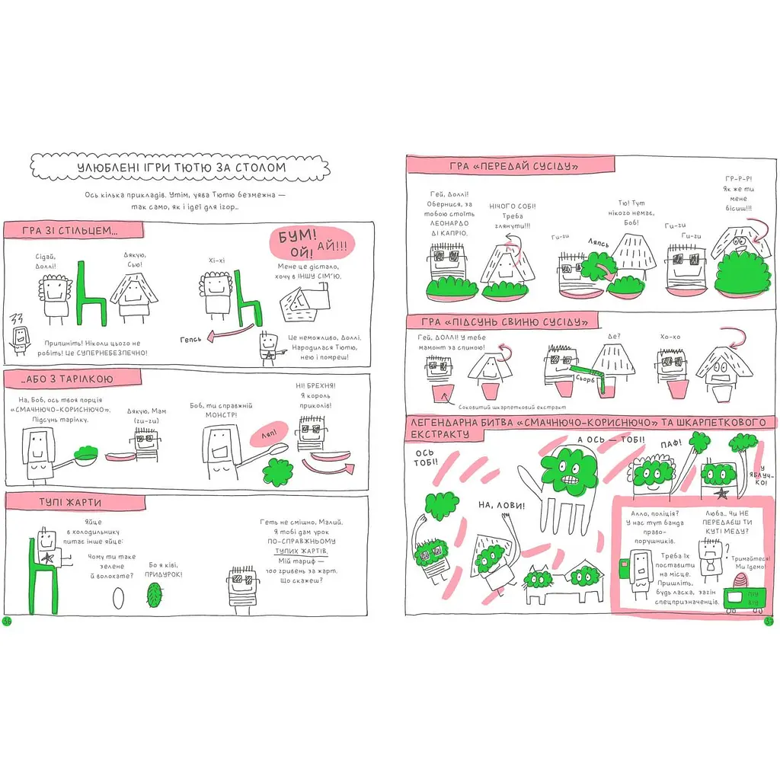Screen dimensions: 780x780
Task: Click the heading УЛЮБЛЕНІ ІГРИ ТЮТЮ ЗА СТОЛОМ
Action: pos(181,168)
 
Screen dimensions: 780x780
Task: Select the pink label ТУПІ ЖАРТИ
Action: pos(70,502)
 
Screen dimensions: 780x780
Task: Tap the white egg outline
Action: pos(117,596)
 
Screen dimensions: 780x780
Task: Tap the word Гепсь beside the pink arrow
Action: pos(192,338)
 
